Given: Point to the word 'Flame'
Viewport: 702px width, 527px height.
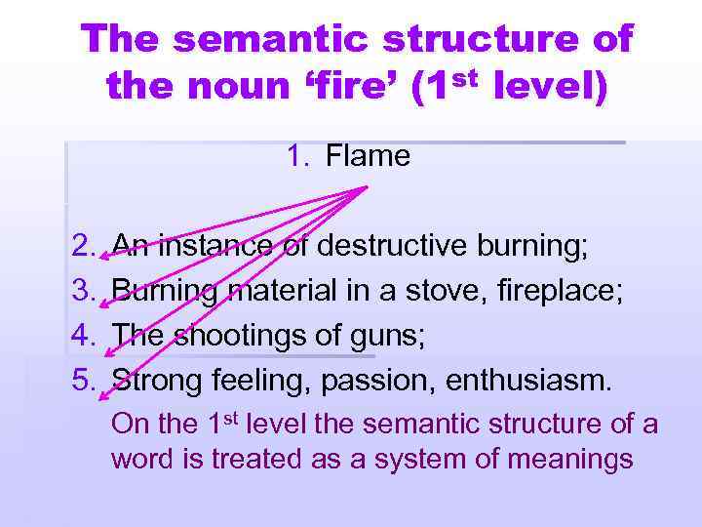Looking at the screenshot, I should tap(369, 156).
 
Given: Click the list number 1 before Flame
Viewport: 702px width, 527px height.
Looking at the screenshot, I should tap(296, 156).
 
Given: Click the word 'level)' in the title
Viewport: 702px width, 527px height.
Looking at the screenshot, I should tap(551, 89).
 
